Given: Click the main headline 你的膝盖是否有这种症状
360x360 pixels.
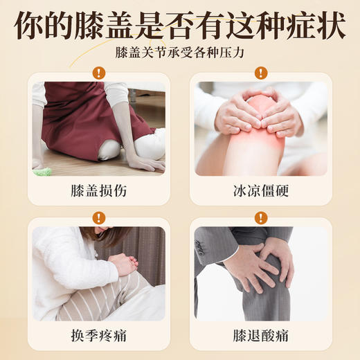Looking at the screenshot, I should [x=180, y=25].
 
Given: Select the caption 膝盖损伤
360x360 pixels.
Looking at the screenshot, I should [x=98, y=189].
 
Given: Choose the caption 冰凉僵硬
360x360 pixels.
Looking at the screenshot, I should [x=261, y=189].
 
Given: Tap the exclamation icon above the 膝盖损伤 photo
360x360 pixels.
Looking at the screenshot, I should [x=98, y=72].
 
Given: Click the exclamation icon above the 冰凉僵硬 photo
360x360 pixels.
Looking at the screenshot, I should [x=261, y=72].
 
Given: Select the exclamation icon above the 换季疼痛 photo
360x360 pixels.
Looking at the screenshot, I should [x=98, y=217].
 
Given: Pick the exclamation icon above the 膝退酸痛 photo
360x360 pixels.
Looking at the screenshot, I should [x=261, y=217].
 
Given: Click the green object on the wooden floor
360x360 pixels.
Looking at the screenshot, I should [x=42, y=170].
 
